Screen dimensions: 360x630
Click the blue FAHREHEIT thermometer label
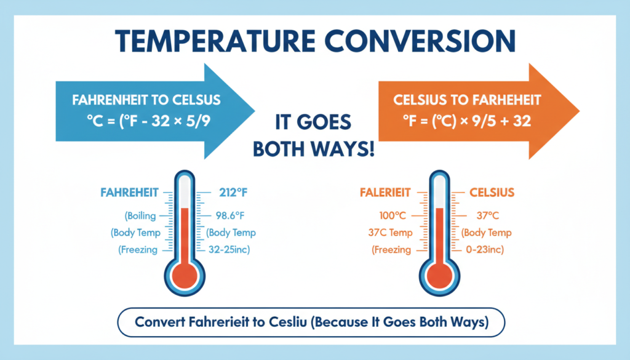coord(128,193)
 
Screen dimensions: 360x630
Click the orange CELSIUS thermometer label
coord(492,193)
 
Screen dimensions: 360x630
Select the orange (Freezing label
coord(391,249)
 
